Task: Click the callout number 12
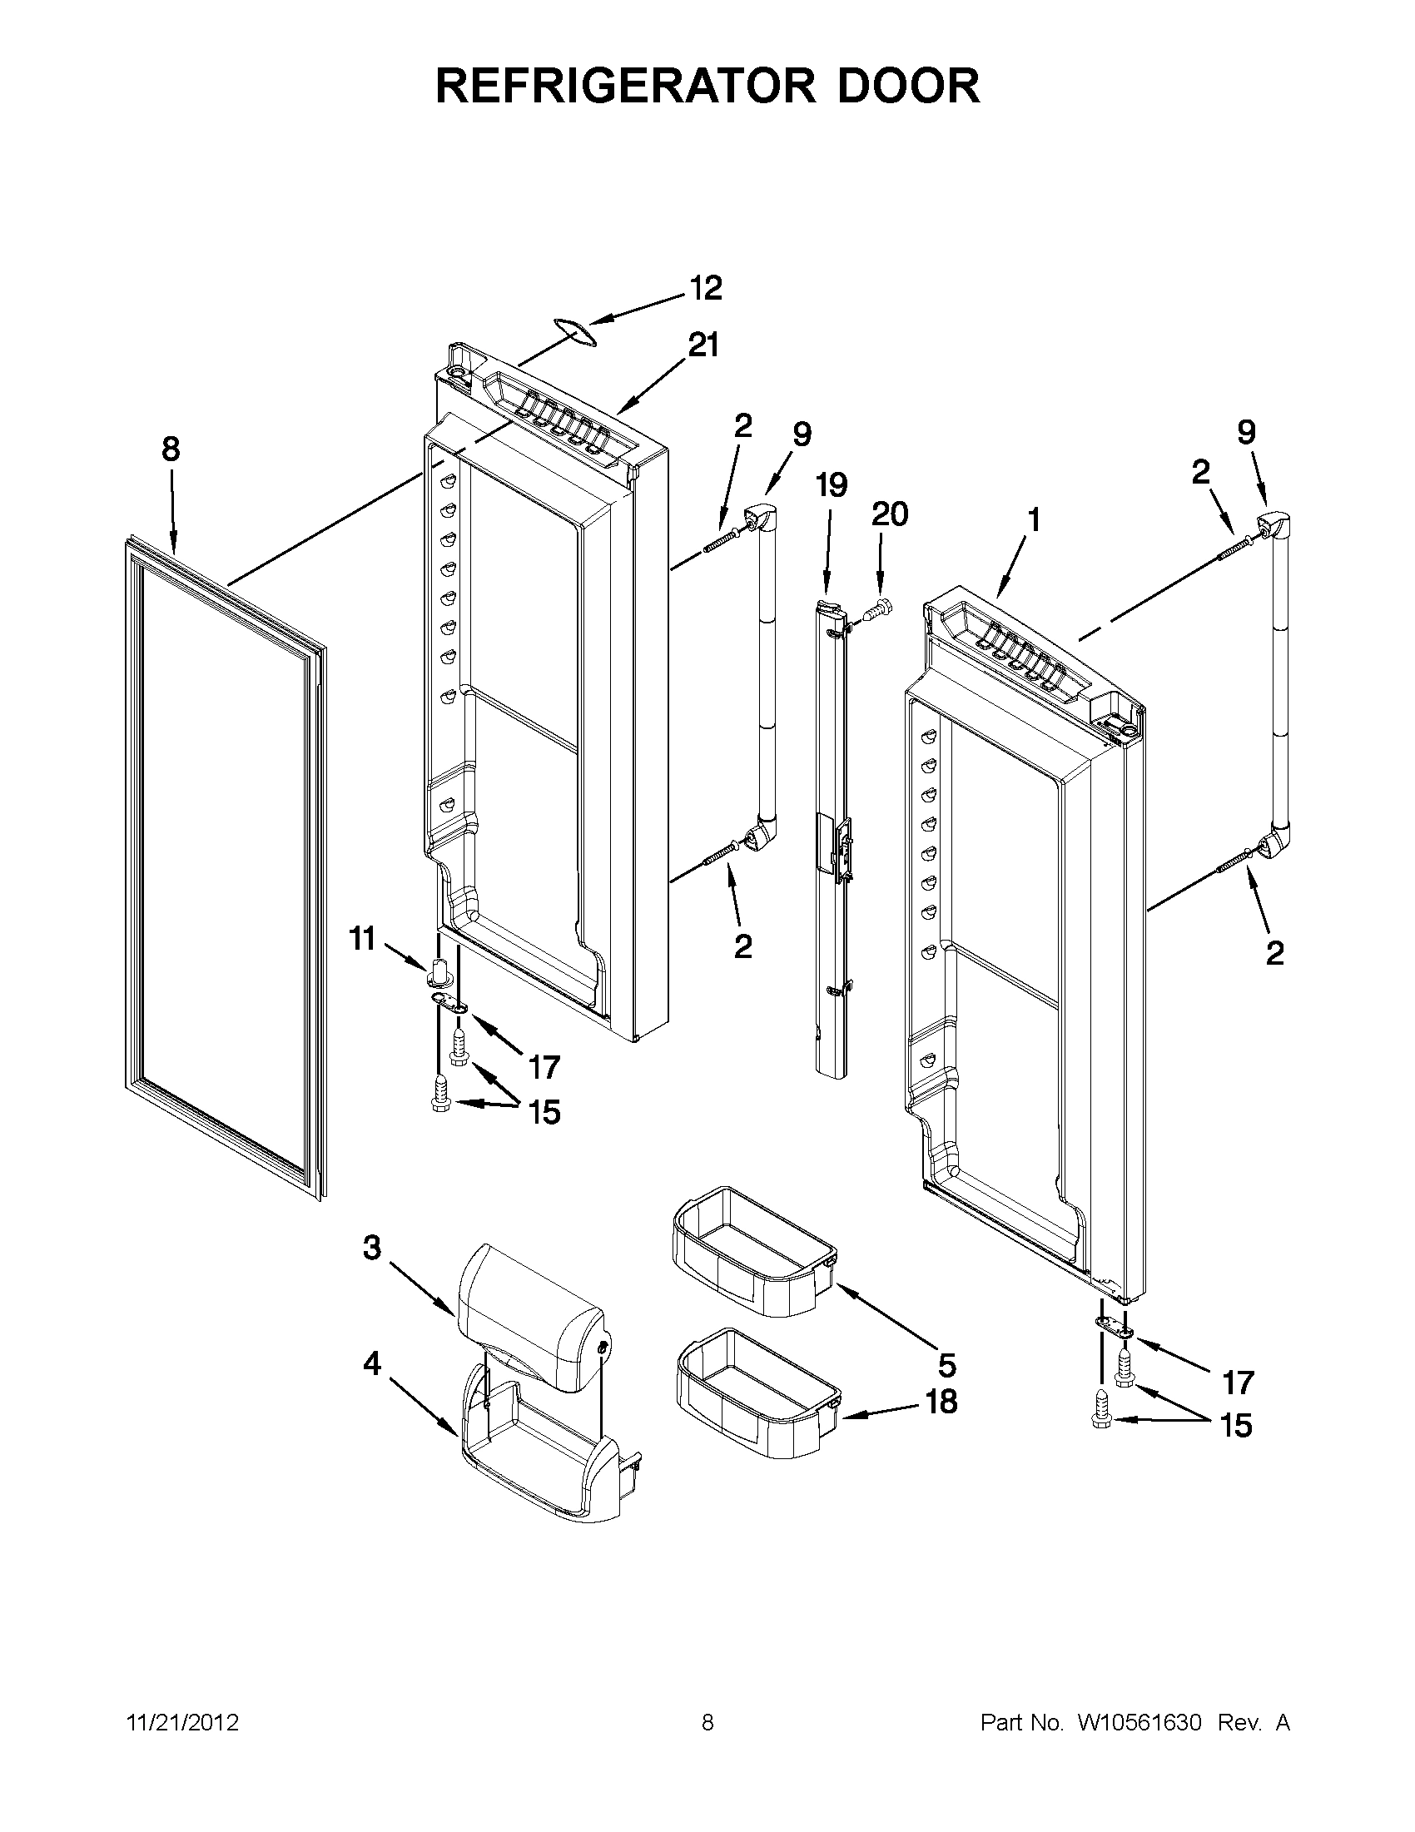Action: tap(705, 288)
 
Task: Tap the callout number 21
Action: tap(703, 345)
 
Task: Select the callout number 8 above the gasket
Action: tap(171, 449)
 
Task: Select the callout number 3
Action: tap(371, 1271)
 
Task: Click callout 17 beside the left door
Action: tap(544, 1067)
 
